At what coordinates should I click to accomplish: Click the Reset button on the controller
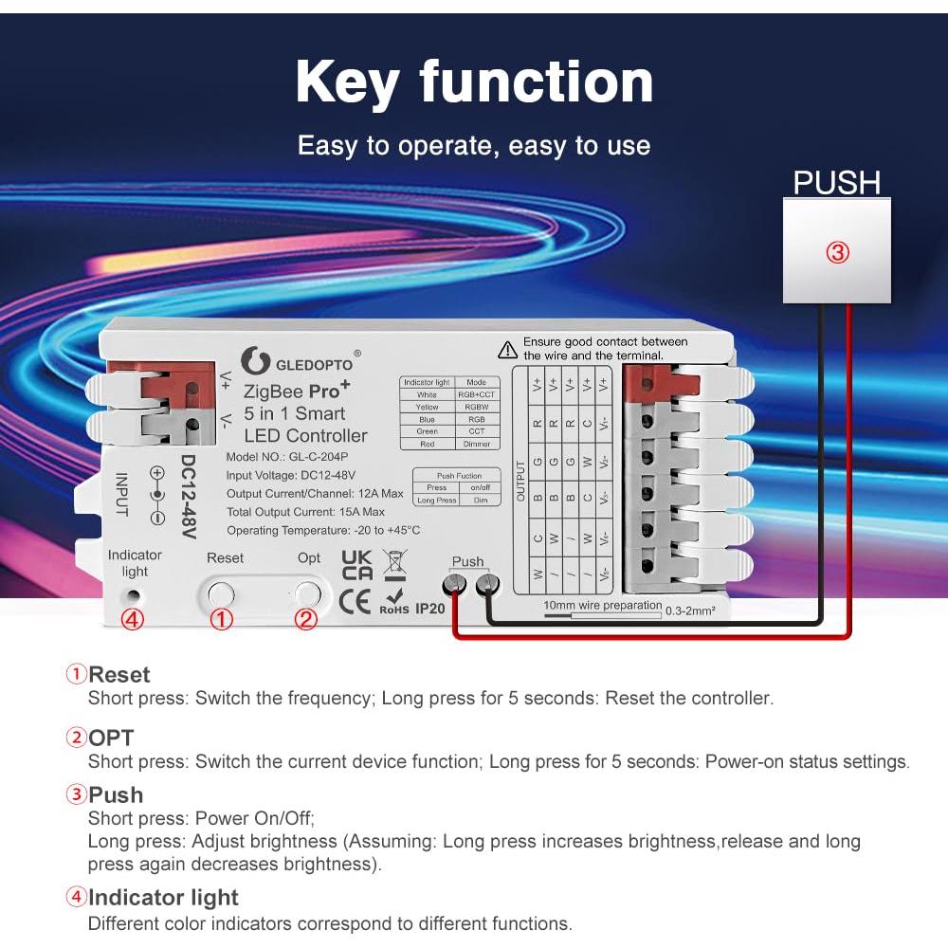click(221, 594)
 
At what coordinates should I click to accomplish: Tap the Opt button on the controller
click(307, 594)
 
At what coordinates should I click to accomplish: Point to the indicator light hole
click(134, 597)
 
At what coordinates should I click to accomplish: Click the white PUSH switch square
click(836, 250)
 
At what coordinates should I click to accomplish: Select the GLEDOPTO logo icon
click(254, 360)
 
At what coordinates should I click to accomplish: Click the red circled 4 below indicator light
click(134, 620)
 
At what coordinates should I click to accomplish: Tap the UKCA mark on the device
click(356, 565)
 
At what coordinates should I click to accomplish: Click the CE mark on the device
click(355, 603)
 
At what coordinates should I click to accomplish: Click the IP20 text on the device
click(429, 609)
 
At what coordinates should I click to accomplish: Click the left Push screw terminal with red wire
click(456, 585)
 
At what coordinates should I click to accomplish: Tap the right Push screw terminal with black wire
click(487, 585)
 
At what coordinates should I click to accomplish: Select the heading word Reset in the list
click(119, 675)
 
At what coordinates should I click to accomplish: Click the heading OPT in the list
click(112, 738)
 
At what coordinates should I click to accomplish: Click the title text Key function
click(474, 82)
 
